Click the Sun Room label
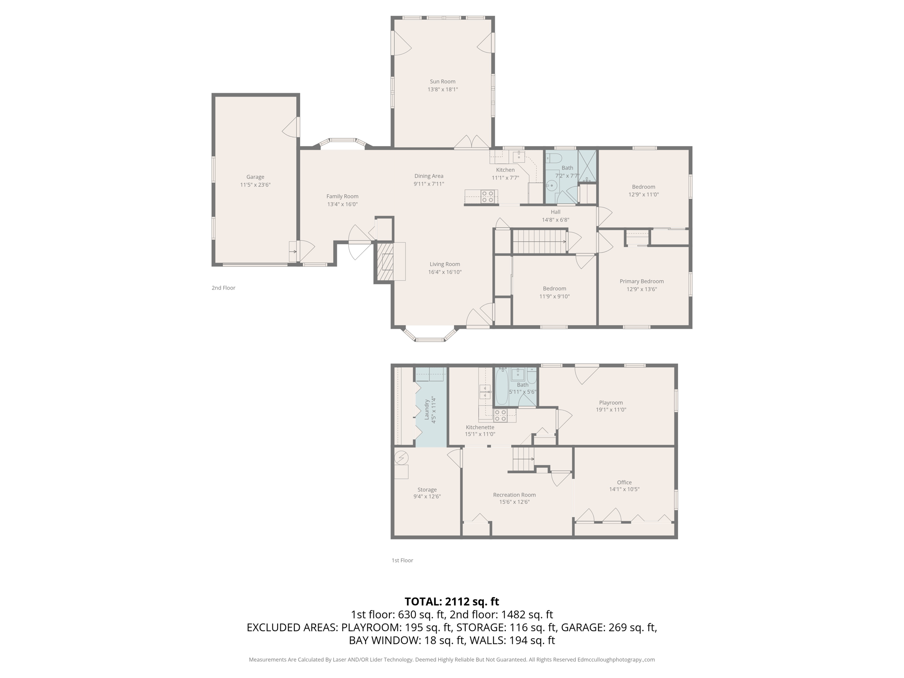442,81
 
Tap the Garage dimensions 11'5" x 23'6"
255,185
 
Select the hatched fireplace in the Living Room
384,262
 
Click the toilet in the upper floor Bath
554,158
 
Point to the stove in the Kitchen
487,196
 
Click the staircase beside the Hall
539,241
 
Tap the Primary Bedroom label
641,281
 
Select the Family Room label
342,196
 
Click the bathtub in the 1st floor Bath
501,387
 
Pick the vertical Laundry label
427,410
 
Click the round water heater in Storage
401,458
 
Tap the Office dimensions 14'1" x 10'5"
624,489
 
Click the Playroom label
611,403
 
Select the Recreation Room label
514,495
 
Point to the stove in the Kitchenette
500,415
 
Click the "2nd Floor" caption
223,288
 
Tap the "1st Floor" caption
402,560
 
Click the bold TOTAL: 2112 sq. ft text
452,602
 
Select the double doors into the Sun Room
472,142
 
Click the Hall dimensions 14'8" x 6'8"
555,220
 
